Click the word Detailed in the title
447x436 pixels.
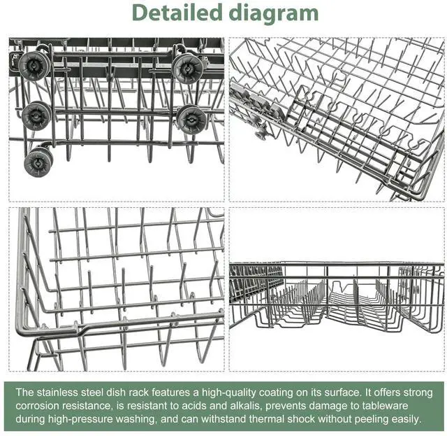click(177, 13)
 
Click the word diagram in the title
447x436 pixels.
click(274, 14)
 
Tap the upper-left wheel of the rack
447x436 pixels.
click(34, 65)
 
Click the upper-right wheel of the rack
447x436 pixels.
click(188, 69)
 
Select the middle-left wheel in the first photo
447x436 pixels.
click(36, 116)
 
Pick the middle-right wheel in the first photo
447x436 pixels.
click(191, 120)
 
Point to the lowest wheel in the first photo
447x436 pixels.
click(38, 162)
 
